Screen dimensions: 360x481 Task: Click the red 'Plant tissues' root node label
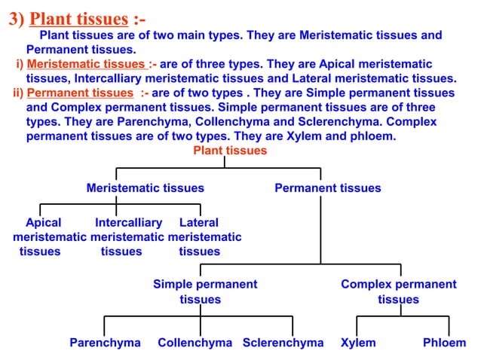pos(230,151)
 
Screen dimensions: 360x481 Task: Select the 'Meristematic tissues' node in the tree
pos(145,188)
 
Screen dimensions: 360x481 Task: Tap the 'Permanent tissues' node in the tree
pos(327,188)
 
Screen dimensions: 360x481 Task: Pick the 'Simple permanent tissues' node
pos(204,291)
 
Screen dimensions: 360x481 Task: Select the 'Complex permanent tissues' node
pos(398,291)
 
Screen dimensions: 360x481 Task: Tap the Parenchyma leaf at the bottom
pos(105,343)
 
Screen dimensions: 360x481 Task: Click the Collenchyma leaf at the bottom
pos(195,343)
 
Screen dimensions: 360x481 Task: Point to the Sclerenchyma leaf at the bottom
pos(283,343)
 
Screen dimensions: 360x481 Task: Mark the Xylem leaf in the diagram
pos(358,343)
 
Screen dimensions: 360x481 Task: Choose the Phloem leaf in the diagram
pos(444,343)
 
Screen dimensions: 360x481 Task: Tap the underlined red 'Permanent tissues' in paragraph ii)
pos(80,93)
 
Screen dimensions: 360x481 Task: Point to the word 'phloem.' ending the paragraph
pos(372,136)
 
